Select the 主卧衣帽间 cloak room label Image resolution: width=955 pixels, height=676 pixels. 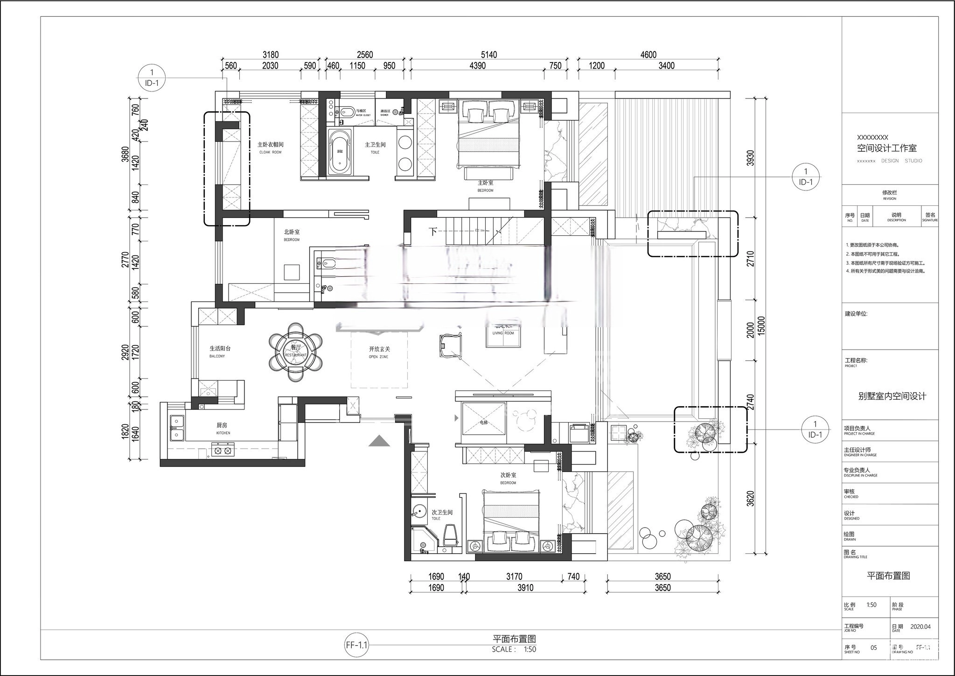click(x=271, y=145)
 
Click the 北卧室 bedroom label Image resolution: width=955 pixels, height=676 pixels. click(x=292, y=232)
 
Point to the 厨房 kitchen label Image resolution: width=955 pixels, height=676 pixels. click(x=223, y=426)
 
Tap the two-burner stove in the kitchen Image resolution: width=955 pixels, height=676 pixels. click(x=222, y=451)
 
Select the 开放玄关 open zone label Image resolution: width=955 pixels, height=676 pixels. click(x=379, y=349)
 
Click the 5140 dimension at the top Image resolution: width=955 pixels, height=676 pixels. click(x=488, y=55)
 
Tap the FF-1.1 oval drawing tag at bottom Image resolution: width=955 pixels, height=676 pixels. click(x=357, y=646)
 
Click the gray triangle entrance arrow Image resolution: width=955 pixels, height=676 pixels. click(x=379, y=441)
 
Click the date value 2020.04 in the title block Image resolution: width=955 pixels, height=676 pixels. click(x=920, y=627)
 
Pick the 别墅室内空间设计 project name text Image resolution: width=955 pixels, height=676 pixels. click(x=892, y=396)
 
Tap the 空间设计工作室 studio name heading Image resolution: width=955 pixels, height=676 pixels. click(x=886, y=148)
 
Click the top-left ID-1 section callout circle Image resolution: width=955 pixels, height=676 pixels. click(x=152, y=77)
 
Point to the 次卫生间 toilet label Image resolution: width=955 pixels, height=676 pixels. click(x=442, y=513)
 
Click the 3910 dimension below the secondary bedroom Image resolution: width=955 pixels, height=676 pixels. click(x=525, y=588)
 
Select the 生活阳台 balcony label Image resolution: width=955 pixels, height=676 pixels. click(x=220, y=348)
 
